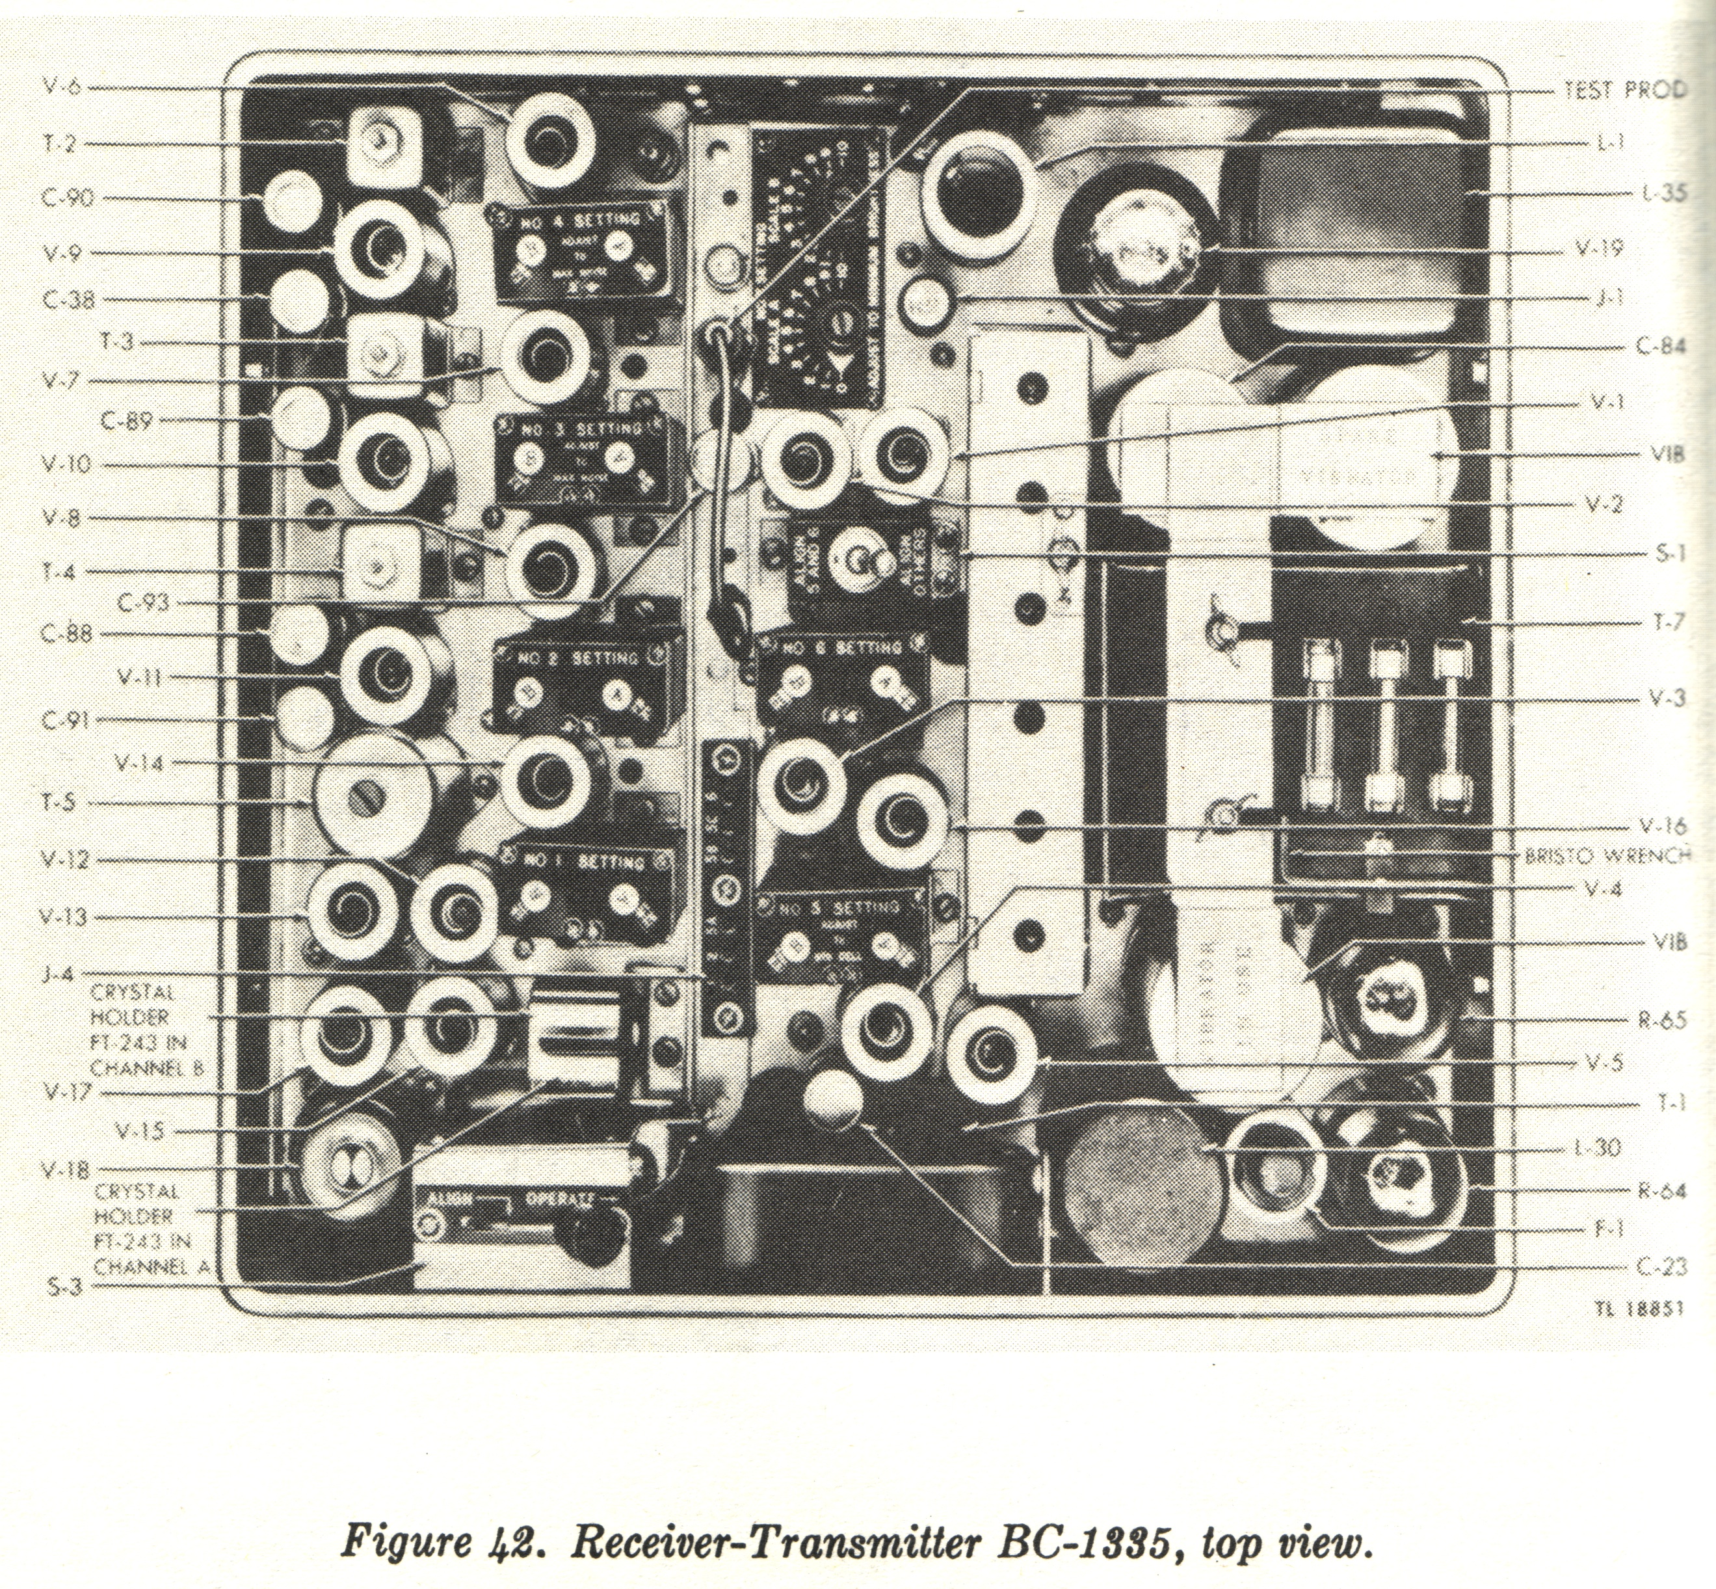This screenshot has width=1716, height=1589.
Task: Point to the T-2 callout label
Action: coord(60,142)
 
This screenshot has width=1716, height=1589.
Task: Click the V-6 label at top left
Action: coord(62,87)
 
